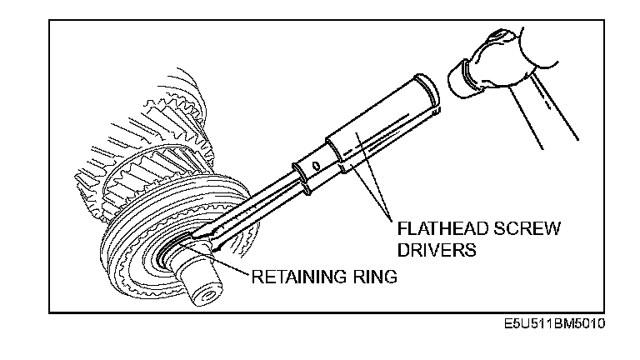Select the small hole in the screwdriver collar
tap(315, 166)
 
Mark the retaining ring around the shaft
tap(171, 254)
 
